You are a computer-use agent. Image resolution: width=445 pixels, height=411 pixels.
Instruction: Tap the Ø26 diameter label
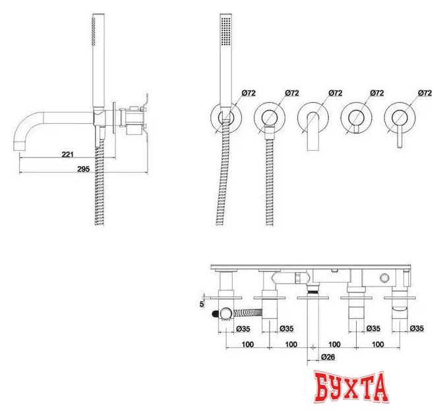pos(328,358)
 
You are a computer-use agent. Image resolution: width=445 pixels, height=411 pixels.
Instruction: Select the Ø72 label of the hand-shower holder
pos(249,94)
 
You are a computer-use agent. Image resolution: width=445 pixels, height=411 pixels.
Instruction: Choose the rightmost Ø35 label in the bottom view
pos(416,327)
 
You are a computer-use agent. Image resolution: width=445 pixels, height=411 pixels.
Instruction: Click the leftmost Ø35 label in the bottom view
pos(243,327)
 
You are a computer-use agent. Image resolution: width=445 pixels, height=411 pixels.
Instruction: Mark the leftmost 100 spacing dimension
pos(248,344)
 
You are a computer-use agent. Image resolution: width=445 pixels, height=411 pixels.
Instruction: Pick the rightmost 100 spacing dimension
pos(377,344)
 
